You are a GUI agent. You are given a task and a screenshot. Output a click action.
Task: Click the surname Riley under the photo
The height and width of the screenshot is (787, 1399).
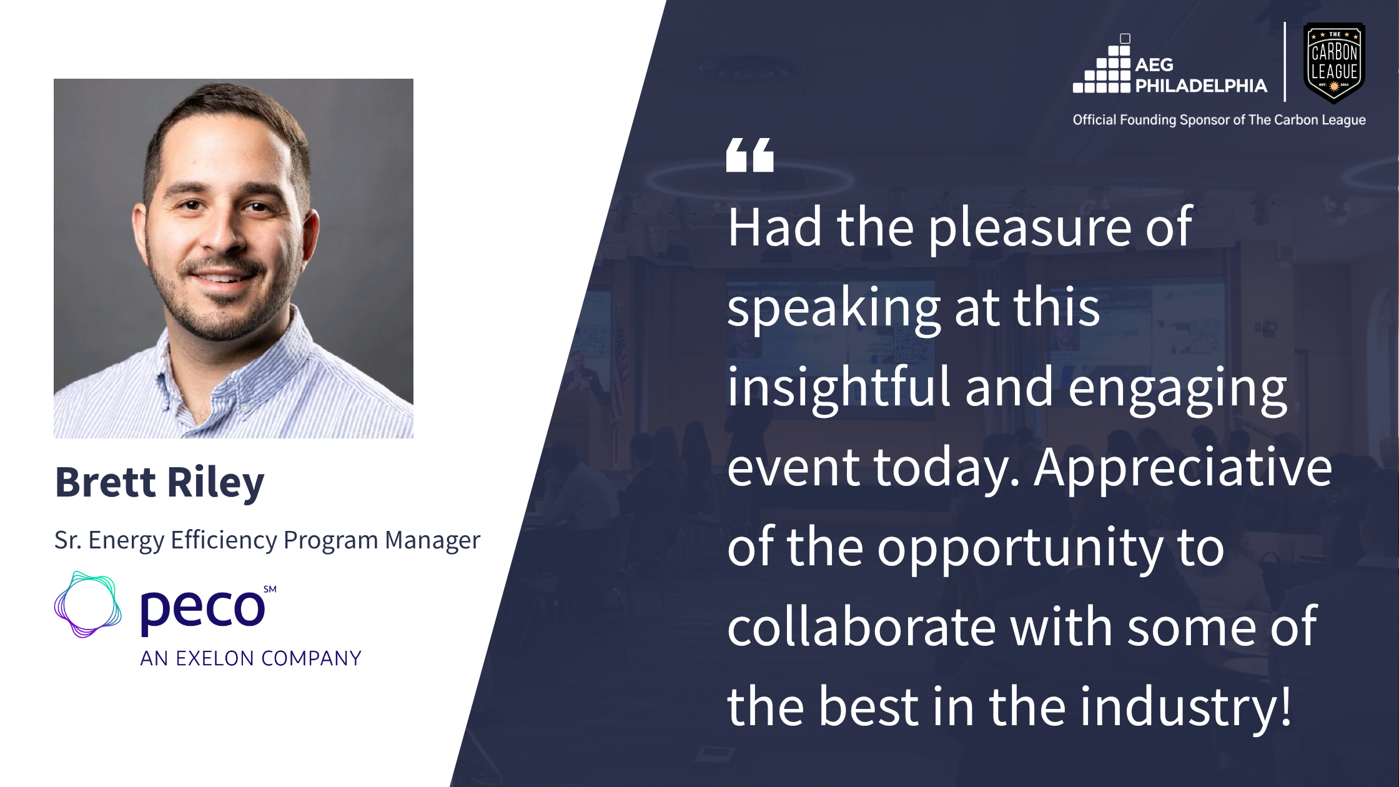coord(216,484)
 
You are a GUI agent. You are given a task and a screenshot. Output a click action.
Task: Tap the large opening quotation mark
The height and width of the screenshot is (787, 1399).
coord(749,155)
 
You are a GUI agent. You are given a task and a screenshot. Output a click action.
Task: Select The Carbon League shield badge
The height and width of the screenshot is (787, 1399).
coord(1335,63)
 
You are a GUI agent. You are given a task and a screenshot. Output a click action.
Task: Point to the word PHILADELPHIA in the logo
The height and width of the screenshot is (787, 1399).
coord(1201,86)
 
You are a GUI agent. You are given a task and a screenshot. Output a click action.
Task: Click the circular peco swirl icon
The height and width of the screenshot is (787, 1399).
coord(88,605)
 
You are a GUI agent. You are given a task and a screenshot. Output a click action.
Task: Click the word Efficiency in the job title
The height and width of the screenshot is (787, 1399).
coord(224,540)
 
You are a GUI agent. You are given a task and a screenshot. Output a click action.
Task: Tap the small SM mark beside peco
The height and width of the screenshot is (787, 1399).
coord(270,589)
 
